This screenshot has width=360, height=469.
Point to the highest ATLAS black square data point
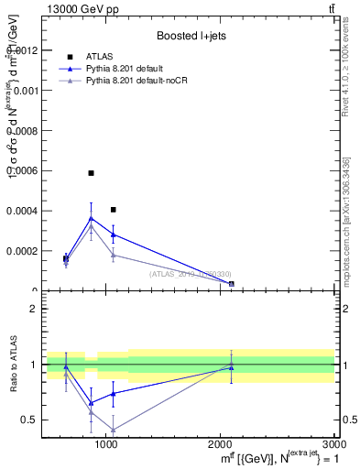[91, 172]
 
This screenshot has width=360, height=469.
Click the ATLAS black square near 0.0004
[113, 210]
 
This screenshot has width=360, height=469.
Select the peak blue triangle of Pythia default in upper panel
[91, 218]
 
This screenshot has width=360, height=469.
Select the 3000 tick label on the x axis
[333, 443]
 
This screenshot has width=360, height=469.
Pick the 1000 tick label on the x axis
[106, 443]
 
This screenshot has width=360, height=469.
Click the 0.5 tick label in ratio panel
[28, 420]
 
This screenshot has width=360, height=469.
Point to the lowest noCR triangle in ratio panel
[113, 430]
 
